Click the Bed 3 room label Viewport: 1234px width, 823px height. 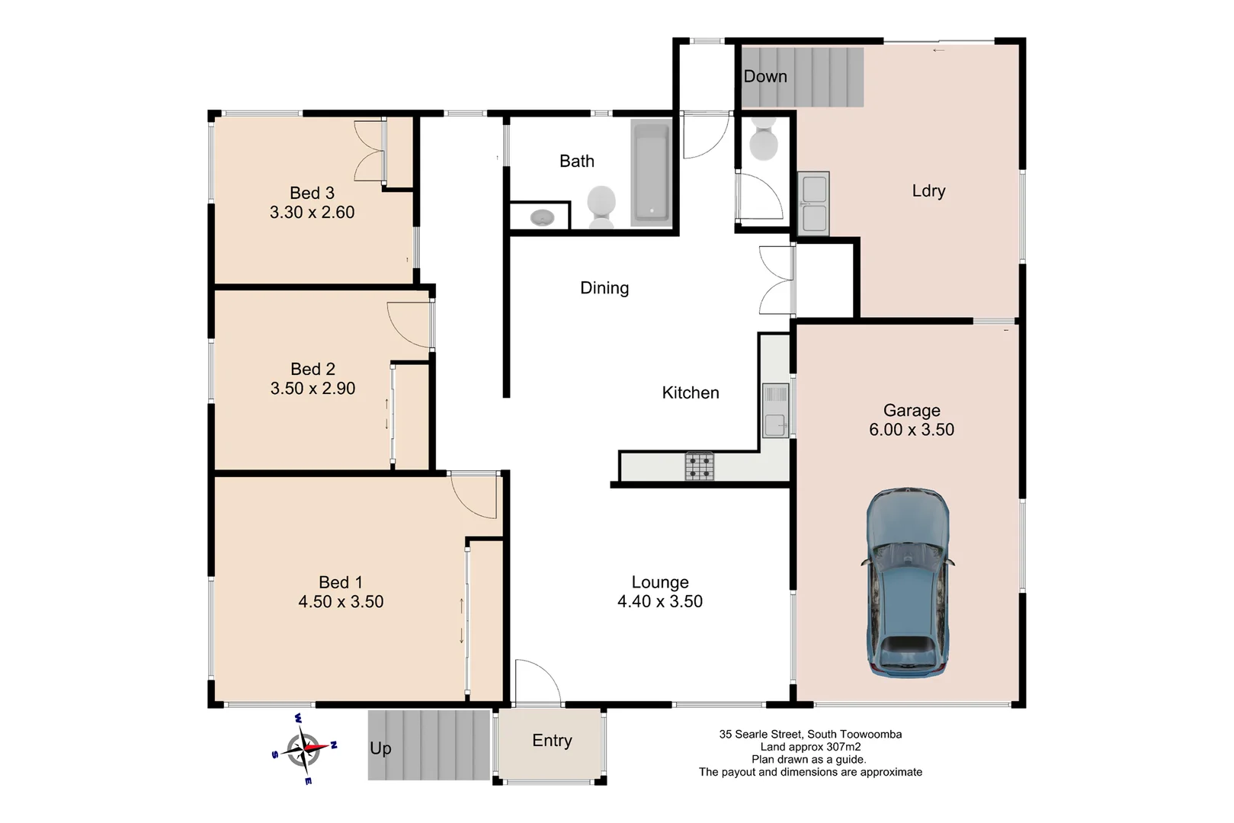coord(312,193)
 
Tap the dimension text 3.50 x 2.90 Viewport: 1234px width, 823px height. coord(313,389)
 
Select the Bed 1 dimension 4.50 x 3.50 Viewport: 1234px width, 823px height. coord(341,602)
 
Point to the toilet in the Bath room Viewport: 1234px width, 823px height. coord(601,206)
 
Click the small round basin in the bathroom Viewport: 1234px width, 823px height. coord(542,217)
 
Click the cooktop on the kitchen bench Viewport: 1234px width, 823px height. coord(699,466)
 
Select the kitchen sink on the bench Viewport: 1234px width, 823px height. coord(775,411)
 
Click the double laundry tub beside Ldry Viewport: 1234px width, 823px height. coord(813,203)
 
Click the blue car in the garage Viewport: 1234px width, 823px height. coord(908,583)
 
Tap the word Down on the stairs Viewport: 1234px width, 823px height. coord(764,76)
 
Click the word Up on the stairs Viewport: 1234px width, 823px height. coord(380,748)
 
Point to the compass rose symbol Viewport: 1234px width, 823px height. coord(305,748)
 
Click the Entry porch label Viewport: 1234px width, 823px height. coord(552,741)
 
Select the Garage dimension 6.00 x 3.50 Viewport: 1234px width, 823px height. coord(912,430)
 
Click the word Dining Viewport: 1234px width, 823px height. coord(604,288)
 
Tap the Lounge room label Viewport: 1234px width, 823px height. coord(659,582)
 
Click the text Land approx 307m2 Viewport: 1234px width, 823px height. coord(810,747)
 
